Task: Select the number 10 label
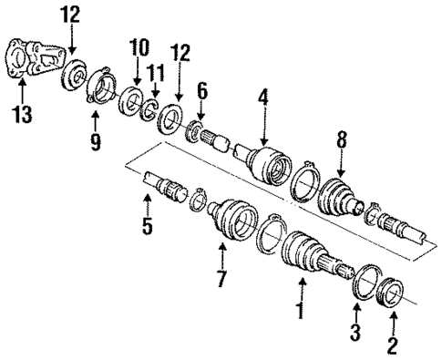tap(138, 46)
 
